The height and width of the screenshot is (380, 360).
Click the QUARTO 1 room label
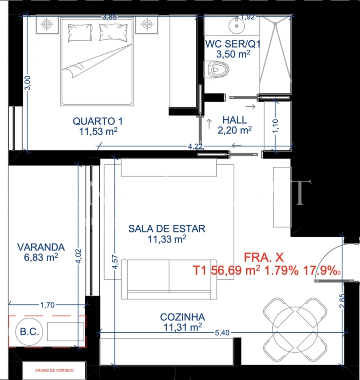tap(98, 121)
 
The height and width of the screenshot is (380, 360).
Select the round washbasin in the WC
tap(237, 26)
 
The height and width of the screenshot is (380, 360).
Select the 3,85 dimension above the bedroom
tap(109, 17)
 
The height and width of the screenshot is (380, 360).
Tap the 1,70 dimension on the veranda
tap(47, 305)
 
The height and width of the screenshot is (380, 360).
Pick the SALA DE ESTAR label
tap(166, 229)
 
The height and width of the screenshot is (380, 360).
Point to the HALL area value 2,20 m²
tap(234, 130)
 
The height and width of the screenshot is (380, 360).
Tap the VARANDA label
tap(41, 247)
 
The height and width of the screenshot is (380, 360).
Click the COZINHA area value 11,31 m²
tap(182, 328)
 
